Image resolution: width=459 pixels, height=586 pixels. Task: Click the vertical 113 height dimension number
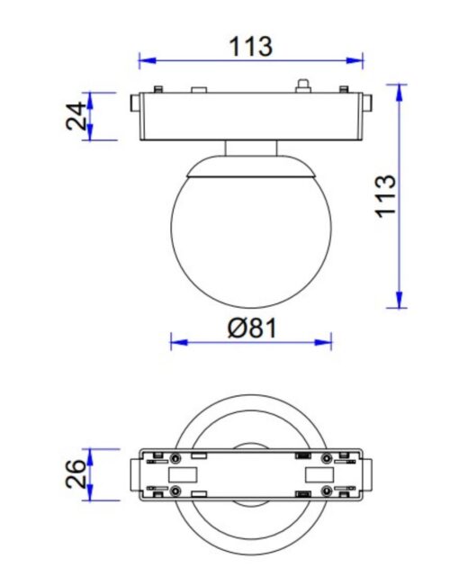pos(385,194)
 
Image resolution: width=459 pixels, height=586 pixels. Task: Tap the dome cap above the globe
pos(251,168)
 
